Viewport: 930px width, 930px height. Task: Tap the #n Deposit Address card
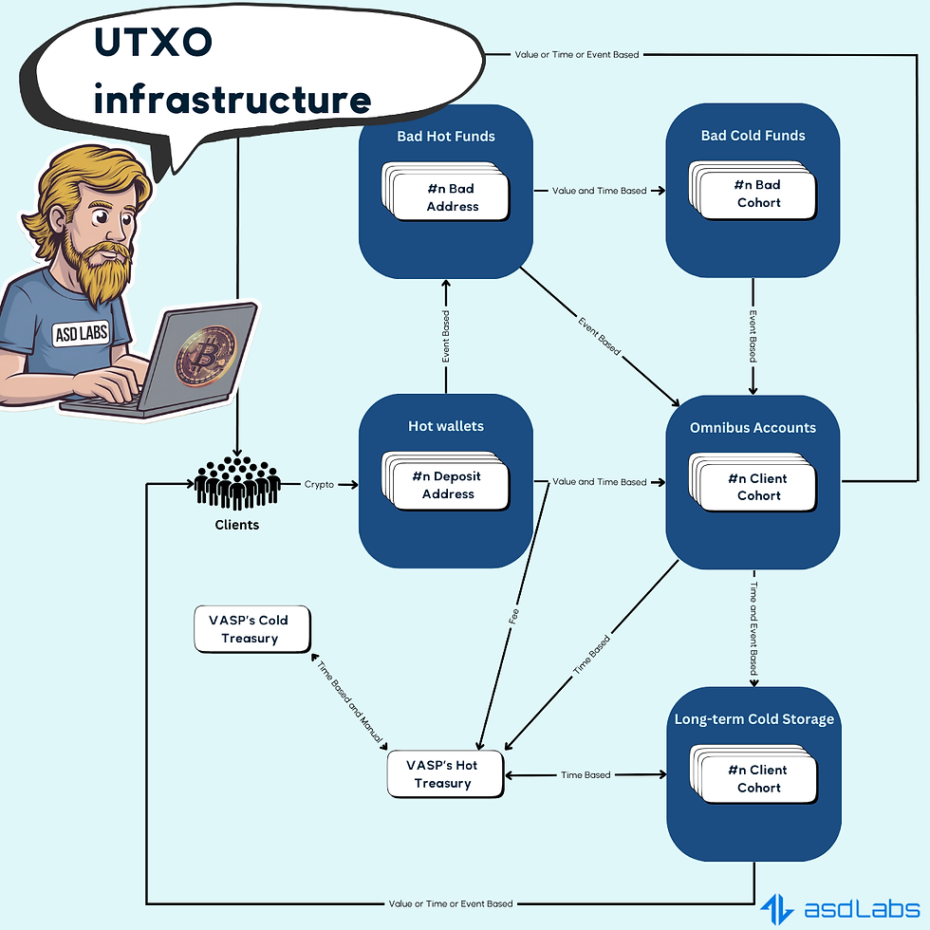click(449, 485)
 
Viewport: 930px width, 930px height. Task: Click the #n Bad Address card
click(452, 197)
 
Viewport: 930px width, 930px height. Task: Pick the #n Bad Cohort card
click(758, 194)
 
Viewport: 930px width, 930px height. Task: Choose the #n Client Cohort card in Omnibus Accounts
click(758, 486)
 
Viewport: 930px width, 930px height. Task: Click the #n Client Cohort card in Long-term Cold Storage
click(758, 778)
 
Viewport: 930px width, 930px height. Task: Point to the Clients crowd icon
click(237, 485)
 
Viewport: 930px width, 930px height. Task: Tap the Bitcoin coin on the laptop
click(205, 356)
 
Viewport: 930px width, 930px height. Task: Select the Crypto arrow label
click(319, 483)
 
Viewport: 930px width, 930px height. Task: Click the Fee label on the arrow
click(513, 618)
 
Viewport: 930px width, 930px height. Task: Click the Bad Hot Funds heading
click(445, 136)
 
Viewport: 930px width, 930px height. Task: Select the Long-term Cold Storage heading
click(753, 718)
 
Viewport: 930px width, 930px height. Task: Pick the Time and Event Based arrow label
click(753, 629)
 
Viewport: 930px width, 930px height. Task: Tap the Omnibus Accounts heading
click(753, 427)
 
